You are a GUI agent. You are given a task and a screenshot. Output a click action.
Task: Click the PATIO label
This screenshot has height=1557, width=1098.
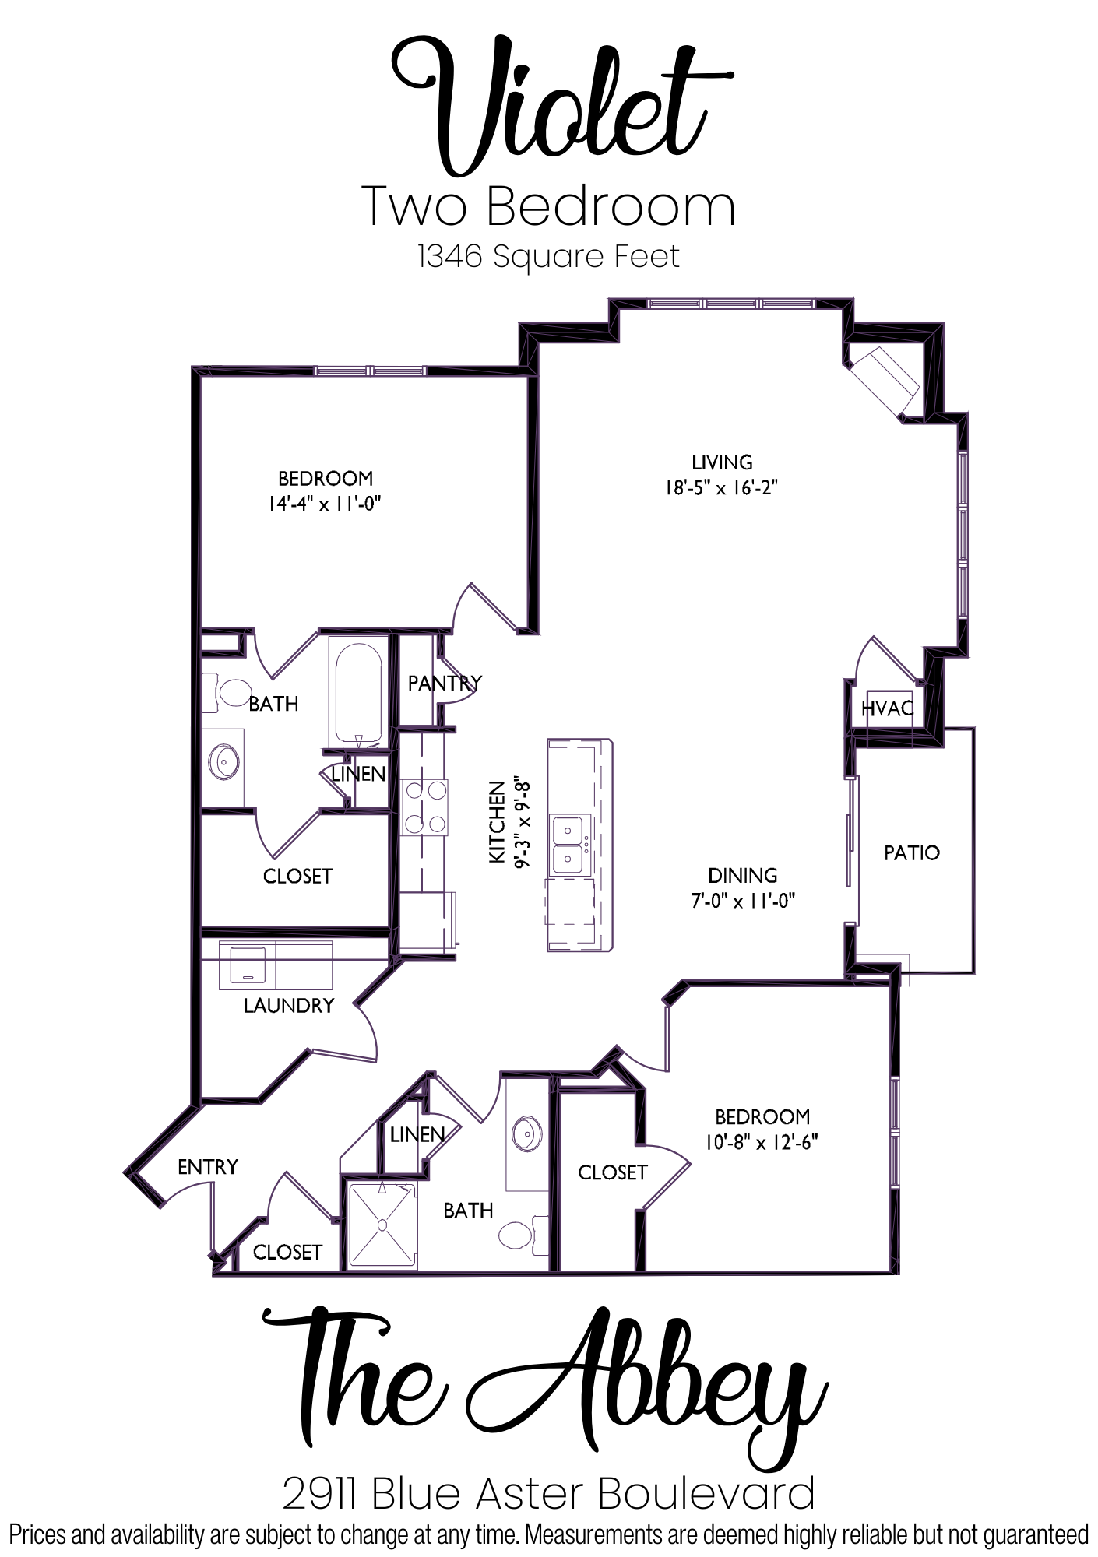point(911,852)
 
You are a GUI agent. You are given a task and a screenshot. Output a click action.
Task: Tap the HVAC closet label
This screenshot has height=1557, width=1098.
point(887,708)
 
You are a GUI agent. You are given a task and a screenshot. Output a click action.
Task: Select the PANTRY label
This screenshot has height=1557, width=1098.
point(445,683)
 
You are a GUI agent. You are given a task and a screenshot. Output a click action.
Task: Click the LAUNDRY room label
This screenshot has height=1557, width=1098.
point(288,1005)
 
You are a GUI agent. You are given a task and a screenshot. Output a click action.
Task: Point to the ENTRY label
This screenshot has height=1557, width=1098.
point(208,1166)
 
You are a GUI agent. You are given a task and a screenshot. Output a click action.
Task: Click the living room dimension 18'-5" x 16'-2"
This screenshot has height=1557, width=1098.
point(722,488)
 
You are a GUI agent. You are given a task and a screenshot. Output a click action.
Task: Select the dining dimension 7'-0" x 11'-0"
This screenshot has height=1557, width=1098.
point(742,901)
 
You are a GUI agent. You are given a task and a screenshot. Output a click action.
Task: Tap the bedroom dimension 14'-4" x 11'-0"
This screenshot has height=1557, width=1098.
point(325,504)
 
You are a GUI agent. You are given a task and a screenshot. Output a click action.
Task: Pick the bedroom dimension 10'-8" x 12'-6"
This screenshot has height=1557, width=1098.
point(762,1142)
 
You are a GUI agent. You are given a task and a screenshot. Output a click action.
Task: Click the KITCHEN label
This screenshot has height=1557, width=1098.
point(496,821)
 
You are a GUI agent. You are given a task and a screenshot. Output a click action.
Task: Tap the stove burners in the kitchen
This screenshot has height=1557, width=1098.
point(424,807)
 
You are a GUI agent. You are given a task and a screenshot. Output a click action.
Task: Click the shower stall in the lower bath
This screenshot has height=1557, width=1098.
point(382,1225)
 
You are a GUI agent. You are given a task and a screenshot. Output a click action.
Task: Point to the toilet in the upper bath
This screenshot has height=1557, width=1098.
point(227,692)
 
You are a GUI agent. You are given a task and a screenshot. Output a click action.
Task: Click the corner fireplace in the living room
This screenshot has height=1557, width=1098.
point(885,381)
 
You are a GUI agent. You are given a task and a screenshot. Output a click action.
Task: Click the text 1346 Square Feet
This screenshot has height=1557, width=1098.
point(549,256)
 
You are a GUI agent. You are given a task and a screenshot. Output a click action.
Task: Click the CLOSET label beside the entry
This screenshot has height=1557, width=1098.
point(287,1252)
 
